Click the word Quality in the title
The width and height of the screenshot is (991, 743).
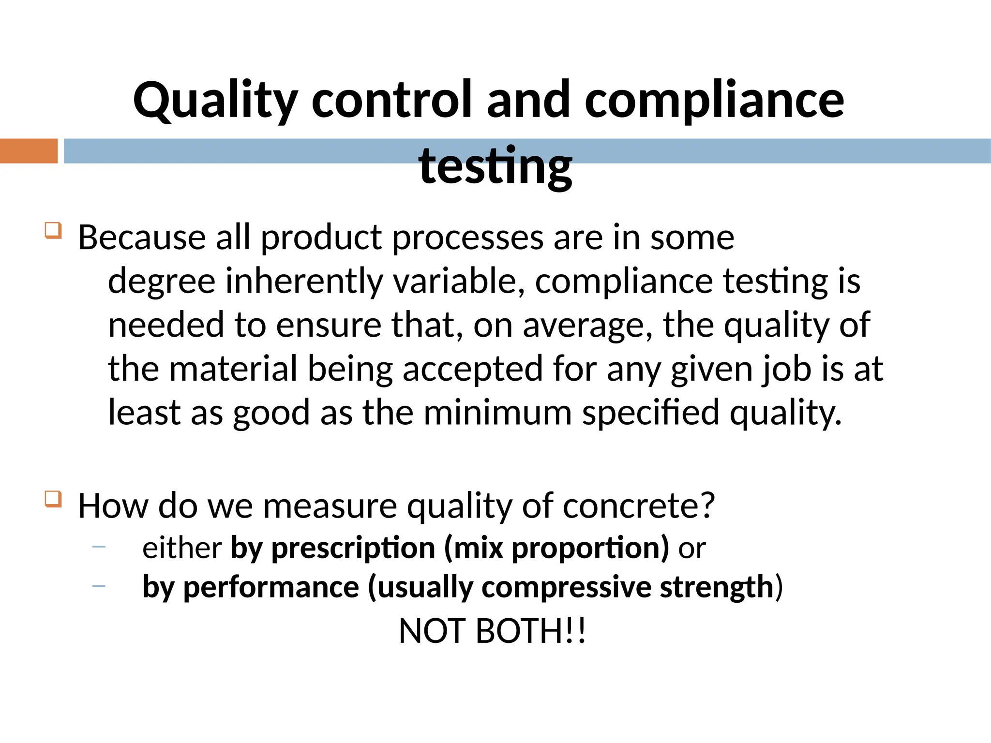tap(215, 101)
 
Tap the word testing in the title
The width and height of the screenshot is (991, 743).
tap(495, 166)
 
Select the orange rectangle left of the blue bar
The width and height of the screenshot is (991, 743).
tap(29, 151)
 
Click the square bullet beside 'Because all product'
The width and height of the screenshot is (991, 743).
tap(53, 230)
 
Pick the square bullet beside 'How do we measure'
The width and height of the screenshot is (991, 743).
tap(53, 499)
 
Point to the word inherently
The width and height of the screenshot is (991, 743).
tap(304, 282)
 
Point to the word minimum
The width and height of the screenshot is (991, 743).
tap(497, 413)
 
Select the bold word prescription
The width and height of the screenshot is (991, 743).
tap(353, 549)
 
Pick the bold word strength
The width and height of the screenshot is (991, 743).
tap(717, 587)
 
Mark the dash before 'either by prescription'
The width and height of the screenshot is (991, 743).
tap(99, 547)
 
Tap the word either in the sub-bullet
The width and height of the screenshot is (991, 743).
tap(182, 548)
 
